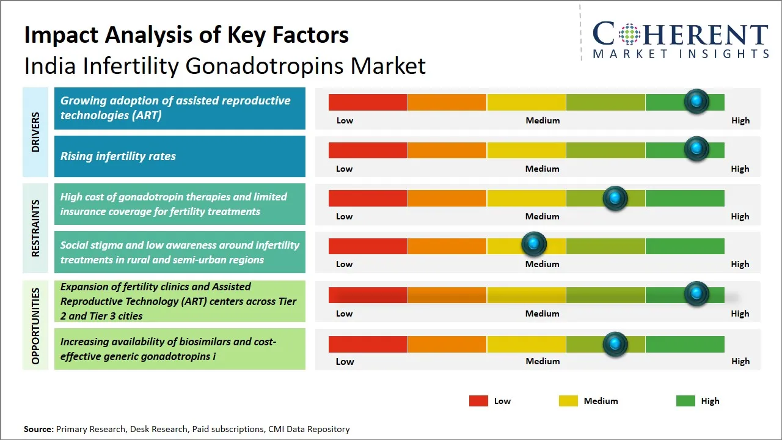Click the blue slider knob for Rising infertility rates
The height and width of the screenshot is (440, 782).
click(x=696, y=149)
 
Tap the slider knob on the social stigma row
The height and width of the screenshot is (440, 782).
click(x=534, y=244)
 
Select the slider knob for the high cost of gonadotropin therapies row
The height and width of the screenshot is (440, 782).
click(x=615, y=198)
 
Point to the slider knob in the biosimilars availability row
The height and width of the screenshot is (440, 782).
click(x=615, y=344)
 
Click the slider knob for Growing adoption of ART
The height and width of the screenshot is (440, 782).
click(x=696, y=101)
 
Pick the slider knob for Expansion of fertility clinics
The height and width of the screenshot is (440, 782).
click(x=696, y=294)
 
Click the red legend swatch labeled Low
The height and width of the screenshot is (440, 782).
click(x=478, y=401)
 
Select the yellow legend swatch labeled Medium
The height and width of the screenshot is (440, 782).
click(x=568, y=401)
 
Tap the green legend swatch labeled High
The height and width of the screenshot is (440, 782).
click(x=685, y=401)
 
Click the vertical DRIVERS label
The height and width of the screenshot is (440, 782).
click(x=35, y=132)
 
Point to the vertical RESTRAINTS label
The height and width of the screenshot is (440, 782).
click(x=35, y=228)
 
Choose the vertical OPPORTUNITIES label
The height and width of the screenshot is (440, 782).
click(x=35, y=326)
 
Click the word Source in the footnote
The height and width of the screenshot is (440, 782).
click(x=38, y=429)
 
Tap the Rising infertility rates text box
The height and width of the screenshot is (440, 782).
click(x=180, y=156)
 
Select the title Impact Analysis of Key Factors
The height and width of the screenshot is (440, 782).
click(x=186, y=35)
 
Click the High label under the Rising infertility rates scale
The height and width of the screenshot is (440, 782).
click(x=740, y=169)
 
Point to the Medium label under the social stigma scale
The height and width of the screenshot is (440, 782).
click(x=543, y=264)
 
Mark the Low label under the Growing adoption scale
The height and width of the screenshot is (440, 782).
click(x=345, y=120)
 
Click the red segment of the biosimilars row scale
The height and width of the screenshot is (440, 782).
click(x=368, y=344)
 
